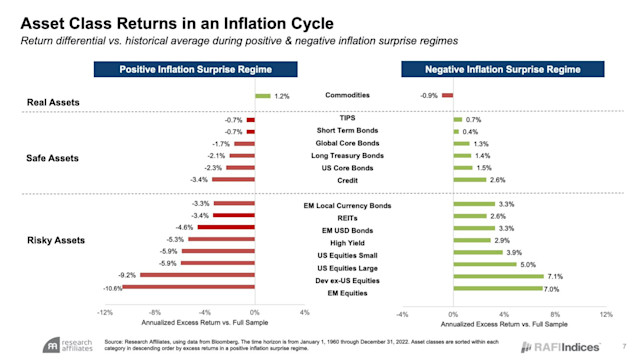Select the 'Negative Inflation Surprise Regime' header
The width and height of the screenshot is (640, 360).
[503, 70]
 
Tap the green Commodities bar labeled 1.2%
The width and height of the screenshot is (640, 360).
[263, 96]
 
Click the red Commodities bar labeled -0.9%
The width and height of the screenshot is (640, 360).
[447, 96]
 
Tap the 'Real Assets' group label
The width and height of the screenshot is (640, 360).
[53, 102]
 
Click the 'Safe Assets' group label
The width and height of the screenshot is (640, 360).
[53, 157]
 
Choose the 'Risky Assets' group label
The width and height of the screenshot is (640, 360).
[55, 240]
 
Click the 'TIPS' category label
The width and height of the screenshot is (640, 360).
[347, 119]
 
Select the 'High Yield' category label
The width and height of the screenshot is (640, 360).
[347, 240]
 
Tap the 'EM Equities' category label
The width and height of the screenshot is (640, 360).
[347, 293]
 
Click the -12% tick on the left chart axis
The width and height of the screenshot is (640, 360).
[104, 313]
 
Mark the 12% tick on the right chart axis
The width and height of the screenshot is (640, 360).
[604, 313]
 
